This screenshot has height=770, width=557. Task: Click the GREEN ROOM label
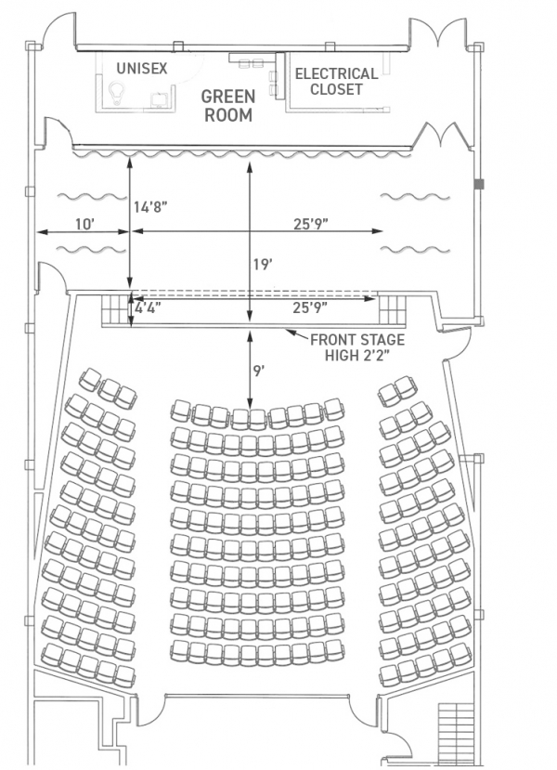click(228, 106)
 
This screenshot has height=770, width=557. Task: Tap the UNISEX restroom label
click(142, 68)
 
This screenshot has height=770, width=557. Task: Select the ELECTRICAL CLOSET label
click(337, 82)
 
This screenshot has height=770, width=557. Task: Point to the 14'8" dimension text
click(150, 207)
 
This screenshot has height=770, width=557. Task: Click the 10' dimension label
click(84, 224)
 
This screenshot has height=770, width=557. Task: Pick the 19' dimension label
click(263, 265)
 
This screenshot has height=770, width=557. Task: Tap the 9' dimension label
click(259, 372)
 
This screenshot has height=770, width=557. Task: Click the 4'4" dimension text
click(148, 308)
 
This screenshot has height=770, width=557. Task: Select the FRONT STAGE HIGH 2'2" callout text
click(357, 347)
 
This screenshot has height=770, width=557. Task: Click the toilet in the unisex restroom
click(116, 93)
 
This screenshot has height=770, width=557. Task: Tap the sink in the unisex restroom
click(159, 99)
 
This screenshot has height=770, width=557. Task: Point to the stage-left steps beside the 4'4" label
click(114, 309)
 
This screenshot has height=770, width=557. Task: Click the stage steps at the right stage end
click(392, 309)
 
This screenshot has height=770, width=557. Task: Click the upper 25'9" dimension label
click(311, 224)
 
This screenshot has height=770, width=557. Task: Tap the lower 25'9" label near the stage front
click(311, 308)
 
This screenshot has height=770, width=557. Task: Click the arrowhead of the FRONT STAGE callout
click(289, 333)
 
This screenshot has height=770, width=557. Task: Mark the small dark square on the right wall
click(478, 184)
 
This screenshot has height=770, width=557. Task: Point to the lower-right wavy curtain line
click(416, 250)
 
